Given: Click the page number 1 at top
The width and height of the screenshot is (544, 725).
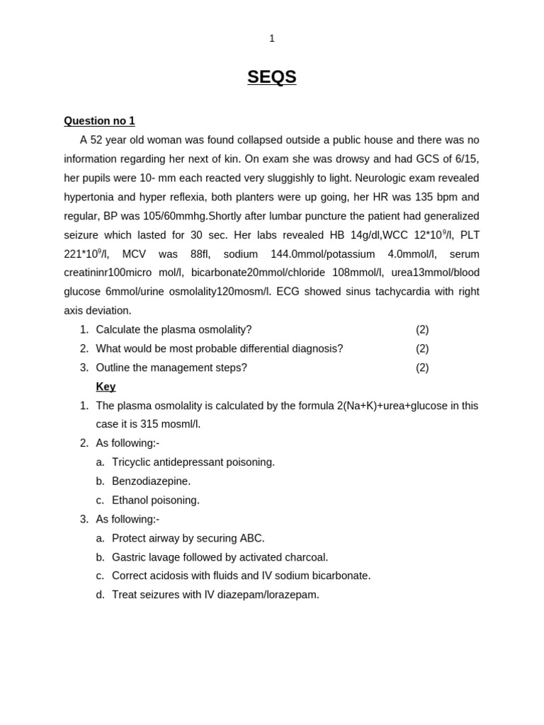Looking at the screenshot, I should coord(272,38).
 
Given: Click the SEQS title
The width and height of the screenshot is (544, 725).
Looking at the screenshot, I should coord(272,76).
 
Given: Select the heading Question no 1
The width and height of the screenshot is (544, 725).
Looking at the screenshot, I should coord(99,121).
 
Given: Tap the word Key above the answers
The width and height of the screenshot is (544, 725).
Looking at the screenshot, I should coord(106,387).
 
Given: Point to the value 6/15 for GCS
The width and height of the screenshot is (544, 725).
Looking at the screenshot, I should coord(466,159).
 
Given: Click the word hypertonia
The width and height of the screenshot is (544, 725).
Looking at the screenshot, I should coord(89,197).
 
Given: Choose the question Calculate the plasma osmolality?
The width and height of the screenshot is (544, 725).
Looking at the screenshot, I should coord(174,330).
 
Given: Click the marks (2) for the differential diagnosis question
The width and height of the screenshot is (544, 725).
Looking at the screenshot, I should coord(422,349).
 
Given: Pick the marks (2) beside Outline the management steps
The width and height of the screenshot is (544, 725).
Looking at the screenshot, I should coord(422,367).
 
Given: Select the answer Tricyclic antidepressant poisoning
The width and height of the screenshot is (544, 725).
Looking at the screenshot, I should coord(193,462).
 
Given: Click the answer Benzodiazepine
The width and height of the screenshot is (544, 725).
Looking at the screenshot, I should coord(152,481).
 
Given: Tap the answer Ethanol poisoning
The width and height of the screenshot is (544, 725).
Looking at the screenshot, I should coord(156,501).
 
